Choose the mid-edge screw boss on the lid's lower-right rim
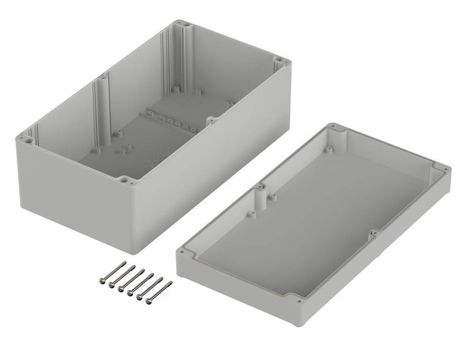pyautogui.click(x=373, y=234)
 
